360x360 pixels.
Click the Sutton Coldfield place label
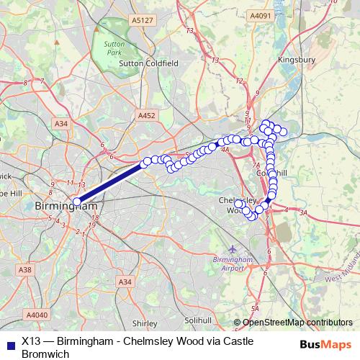[x=148, y=63]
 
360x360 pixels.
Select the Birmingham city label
[x=66, y=207]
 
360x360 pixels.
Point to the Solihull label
[x=199, y=320]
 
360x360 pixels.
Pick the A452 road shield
[x=146, y=114]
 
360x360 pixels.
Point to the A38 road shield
[x=26, y=269]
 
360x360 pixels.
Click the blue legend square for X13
[x=9, y=343]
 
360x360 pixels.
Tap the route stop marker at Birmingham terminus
[x=76, y=202]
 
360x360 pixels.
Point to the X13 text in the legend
[x=32, y=341]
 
